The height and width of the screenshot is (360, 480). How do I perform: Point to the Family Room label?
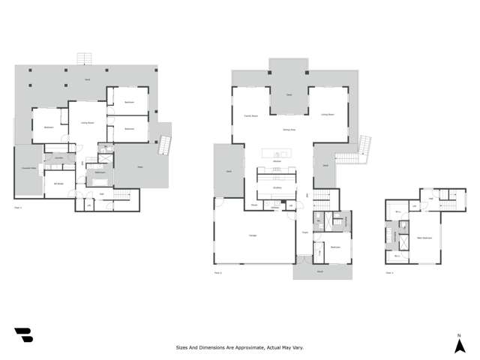coord(250,115)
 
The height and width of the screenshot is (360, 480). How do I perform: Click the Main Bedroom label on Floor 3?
coord(424,238)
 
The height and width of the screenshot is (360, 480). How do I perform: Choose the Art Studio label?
coord(57,183)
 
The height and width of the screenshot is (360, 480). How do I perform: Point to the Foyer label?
coord(305,232)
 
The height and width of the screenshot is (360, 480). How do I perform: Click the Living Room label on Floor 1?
coord(88,123)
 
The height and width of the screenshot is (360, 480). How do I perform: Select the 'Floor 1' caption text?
coord(19,207)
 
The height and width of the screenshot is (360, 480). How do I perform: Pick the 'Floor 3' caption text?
coord(389,273)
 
